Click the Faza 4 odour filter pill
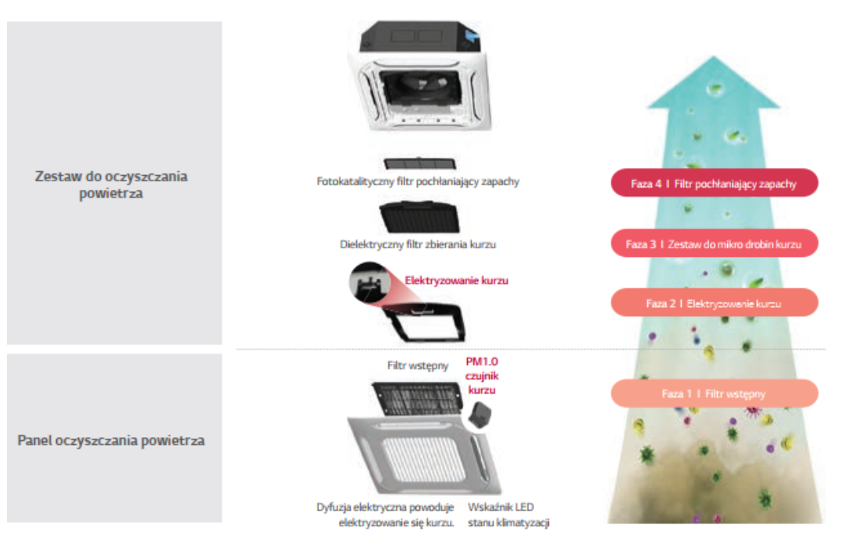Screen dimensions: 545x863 point(713,183)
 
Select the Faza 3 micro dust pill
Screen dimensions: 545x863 point(713,244)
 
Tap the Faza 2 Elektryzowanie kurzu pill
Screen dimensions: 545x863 point(713,303)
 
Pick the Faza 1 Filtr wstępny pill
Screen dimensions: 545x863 point(713,394)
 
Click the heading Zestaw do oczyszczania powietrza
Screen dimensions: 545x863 point(111,184)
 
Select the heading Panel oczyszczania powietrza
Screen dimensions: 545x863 point(111,440)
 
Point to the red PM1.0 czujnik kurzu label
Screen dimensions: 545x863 point(482,376)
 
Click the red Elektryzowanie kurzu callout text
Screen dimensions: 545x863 point(456,280)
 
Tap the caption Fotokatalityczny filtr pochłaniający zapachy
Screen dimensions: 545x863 point(418,181)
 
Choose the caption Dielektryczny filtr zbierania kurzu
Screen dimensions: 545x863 point(418,244)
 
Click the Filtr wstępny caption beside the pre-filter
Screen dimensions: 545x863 point(417,365)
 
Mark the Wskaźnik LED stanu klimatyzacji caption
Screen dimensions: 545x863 point(508,515)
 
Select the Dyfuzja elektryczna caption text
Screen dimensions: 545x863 point(386,515)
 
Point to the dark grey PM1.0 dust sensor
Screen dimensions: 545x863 point(481,412)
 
